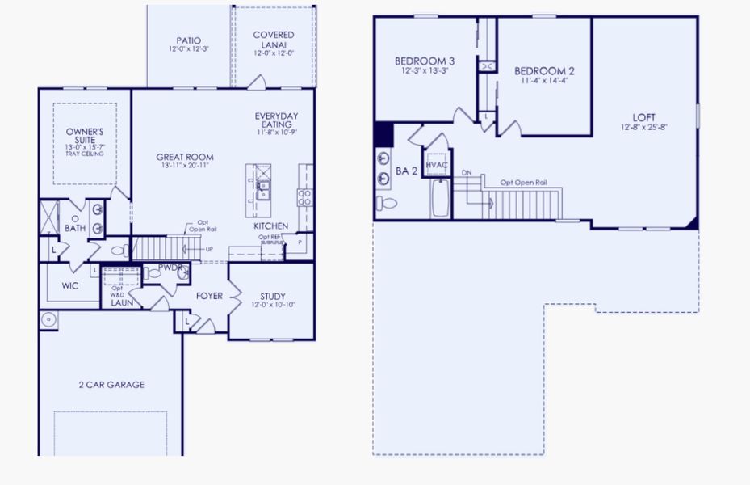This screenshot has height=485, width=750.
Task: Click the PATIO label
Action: [188, 40]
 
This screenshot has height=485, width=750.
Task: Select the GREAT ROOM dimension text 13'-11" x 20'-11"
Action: [185, 166]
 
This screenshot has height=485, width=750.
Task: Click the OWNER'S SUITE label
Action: [85, 134]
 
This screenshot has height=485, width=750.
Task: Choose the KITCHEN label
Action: [270, 226]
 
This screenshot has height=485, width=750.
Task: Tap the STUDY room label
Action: [272, 296]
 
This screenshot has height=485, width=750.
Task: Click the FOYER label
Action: [209, 296]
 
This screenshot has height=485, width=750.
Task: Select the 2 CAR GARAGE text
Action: [111, 385]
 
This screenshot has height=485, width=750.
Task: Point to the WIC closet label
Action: [70, 285]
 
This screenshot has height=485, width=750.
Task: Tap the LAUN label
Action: [122, 303]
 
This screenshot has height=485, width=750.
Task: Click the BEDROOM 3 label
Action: [424, 61]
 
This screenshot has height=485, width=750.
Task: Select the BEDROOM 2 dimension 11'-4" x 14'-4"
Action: [543, 80]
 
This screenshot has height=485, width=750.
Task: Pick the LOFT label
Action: [643, 116]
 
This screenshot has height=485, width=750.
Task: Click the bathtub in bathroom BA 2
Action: [440, 198]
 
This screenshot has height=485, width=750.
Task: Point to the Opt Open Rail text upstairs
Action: [523, 183]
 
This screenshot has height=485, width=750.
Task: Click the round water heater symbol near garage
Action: [49, 320]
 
